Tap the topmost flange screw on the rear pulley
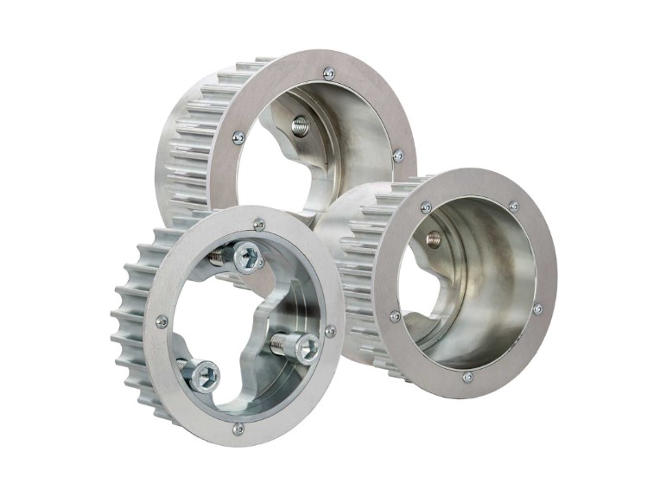[x=328, y=74]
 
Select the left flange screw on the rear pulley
[x=238, y=137]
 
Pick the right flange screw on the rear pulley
[x=397, y=156]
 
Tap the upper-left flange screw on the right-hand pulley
[x=426, y=207]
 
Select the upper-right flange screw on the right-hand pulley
[x=514, y=207]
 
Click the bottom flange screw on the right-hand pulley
[x=467, y=377]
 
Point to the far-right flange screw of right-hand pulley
[x=537, y=308]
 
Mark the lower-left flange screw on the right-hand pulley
[x=395, y=316]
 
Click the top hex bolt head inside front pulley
[x=249, y=257]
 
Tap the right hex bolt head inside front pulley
[x=306, y=347]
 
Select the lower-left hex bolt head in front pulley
[x=205, y=376]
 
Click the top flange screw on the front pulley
[x=258, y=225]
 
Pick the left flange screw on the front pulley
[x=162, y=321]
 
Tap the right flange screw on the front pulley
[x=330, y=331]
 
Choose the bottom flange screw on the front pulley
[x=238, y=428]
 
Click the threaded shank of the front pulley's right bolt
[x=281, y=342]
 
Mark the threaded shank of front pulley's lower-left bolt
[x=183, y=366]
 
